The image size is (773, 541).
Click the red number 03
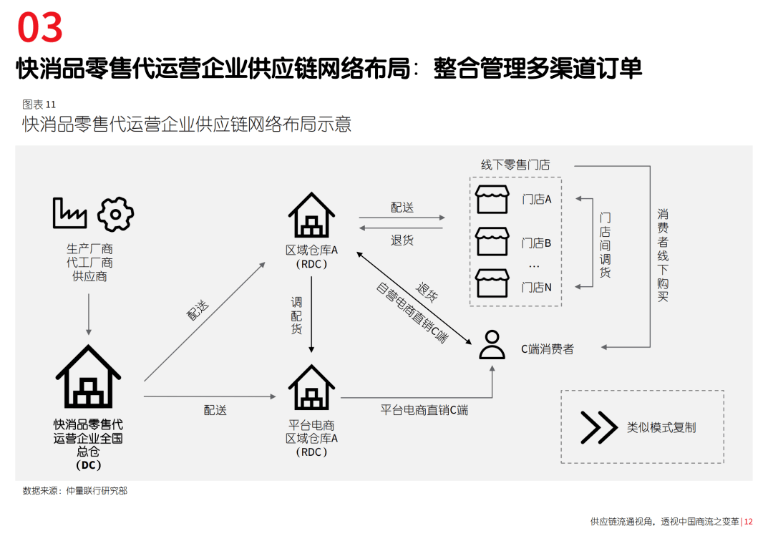(x=41, y=29)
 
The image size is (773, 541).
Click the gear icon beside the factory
(x=116, y=213)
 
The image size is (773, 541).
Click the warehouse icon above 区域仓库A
(x=311, y=215)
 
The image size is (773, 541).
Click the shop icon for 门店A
(x=492, y=200)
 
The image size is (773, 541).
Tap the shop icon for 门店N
(x=492, y=284)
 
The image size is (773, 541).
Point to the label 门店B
(x=536, y=243)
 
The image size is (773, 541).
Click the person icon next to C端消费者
(x=492, y=344)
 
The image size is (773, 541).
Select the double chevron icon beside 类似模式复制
(x=598, y=427)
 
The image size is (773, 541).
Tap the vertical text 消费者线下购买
(x=663, y=255)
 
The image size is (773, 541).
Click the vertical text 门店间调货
(x=606, y=245)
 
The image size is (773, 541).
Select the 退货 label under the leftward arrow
(x=402, y=240)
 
